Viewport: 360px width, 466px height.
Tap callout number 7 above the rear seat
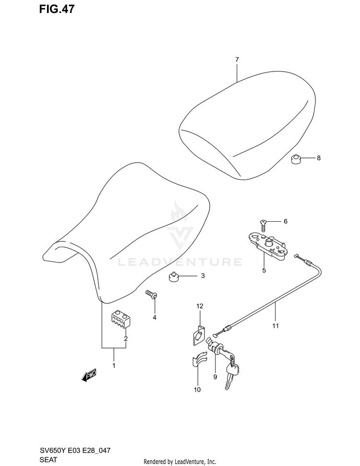[237, 60]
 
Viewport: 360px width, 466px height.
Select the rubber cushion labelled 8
[296, 158]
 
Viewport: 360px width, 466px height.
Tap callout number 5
[264, 270]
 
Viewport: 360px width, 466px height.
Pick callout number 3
[203, 276]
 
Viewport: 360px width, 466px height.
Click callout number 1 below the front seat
[114, 366]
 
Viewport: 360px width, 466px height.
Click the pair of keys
[231, 375]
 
